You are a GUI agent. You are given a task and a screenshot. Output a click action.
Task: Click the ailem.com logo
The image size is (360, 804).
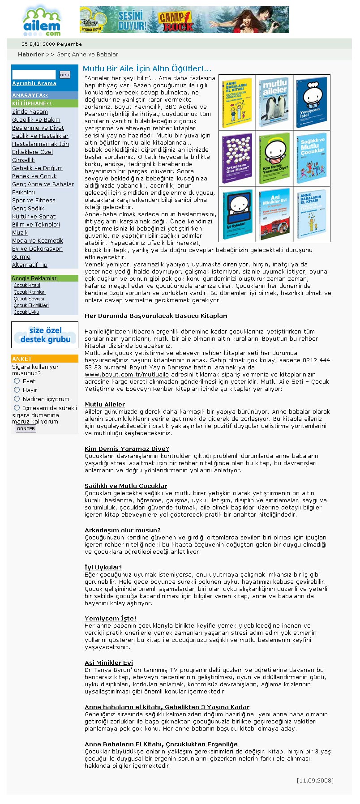[x=42, y=21]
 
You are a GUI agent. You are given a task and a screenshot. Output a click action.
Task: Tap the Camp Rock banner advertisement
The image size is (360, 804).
[x=184, y=20]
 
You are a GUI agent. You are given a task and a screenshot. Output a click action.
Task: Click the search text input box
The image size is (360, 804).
[x=34, y=75]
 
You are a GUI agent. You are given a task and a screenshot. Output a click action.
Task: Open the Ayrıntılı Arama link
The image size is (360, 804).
[x=34, y=83]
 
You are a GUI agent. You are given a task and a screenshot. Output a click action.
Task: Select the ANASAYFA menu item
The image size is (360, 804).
[x=30, y=95]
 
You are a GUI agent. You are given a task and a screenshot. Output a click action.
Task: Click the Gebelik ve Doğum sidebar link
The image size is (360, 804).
[x=37, y=168]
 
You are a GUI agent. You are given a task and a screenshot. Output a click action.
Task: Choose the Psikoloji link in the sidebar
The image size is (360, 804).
[x=23, y=192]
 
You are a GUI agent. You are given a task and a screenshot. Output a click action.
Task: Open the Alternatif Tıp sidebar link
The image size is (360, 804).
[x=30, y=265]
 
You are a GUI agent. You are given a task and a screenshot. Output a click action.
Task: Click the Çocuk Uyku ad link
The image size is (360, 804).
[x=26, y=312]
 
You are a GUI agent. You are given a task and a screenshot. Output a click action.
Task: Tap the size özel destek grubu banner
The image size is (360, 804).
[x=45, y=335]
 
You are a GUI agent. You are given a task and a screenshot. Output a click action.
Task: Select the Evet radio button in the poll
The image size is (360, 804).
[x=17, y=381]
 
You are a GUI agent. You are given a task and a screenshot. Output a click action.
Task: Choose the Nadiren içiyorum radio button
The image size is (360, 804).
[x=17, y=399]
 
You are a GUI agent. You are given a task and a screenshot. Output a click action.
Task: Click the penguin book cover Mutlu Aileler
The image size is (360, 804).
[x=274, y=103]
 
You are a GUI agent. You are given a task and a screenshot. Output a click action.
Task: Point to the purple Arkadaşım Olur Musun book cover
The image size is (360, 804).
[x=237, y=158]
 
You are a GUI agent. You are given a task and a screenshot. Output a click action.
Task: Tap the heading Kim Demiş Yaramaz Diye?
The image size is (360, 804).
[x=127, y=449]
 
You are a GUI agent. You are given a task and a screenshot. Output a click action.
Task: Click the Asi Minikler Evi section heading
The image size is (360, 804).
[x=109, y=663]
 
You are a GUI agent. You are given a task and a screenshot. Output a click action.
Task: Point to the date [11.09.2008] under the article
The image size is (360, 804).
[x=315, y=781]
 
